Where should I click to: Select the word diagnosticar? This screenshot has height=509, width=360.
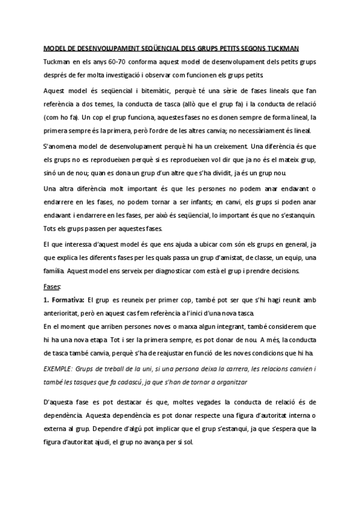pyautogui.click(x=172, y=270)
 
